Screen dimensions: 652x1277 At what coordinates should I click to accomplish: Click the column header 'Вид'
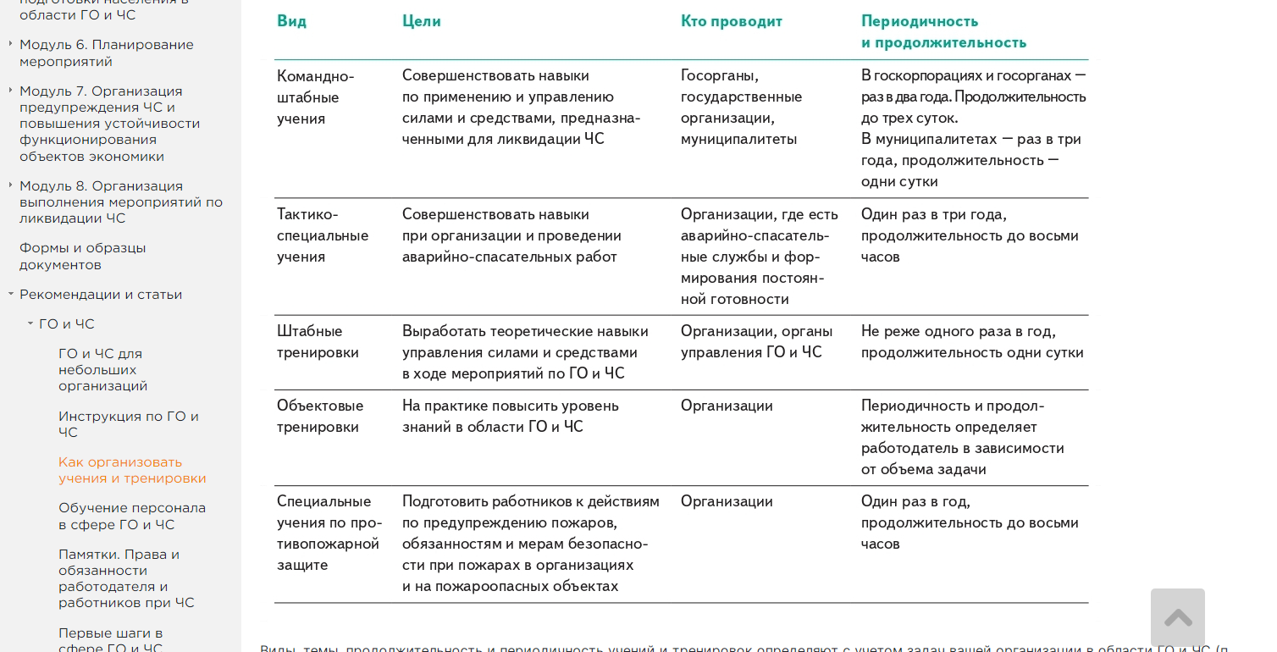(292, 21)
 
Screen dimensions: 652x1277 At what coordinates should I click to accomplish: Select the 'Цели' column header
(422, 21)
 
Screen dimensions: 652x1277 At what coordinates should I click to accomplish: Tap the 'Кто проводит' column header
(732, 21)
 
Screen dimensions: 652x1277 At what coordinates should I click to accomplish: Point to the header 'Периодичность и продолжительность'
(943, 32)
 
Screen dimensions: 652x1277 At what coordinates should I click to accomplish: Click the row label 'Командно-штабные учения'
(315, 97)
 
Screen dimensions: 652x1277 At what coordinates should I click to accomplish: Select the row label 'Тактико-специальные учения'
(323, 235)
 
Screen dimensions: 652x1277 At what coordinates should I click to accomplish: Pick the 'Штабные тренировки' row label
(318, 341)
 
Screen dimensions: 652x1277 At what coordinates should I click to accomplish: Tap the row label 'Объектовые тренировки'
(320, 416)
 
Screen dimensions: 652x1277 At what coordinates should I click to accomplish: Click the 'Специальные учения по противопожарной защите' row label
(329, 533)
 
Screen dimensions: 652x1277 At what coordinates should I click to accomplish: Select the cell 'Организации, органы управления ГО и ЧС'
(756, 341)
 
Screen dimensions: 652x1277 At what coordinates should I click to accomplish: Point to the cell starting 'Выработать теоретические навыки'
(525, 352)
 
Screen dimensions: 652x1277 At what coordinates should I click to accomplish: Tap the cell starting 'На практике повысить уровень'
(510, 416)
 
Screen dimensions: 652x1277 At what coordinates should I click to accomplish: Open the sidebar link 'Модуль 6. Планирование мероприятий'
(107, 52)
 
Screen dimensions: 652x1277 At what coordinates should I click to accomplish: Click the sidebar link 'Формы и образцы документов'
(83, 256)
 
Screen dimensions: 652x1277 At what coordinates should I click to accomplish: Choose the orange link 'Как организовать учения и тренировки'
(132, 470)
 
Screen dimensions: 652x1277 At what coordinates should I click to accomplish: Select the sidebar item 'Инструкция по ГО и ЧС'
(129, 423)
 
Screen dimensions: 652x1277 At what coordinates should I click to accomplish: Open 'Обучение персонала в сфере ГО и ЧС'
(132, 516)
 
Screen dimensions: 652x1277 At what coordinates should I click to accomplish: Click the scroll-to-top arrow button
(1177, 617)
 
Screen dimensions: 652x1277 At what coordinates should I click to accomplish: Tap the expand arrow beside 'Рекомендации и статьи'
(11, 294)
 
